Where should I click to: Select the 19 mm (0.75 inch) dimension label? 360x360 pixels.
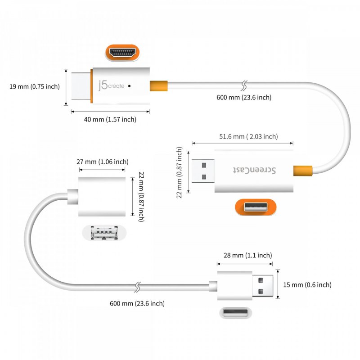click(35, 86)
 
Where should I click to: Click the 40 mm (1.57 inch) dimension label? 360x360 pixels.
click(110, 119)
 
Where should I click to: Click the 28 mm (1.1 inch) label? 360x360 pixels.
click(247, 255)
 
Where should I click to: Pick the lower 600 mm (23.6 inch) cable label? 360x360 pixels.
click(137, 303)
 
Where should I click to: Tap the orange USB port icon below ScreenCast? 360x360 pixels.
click(256, 207)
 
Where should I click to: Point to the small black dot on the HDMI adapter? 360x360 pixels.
click(130, 85)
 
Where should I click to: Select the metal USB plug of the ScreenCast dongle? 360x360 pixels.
click(203, 171)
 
